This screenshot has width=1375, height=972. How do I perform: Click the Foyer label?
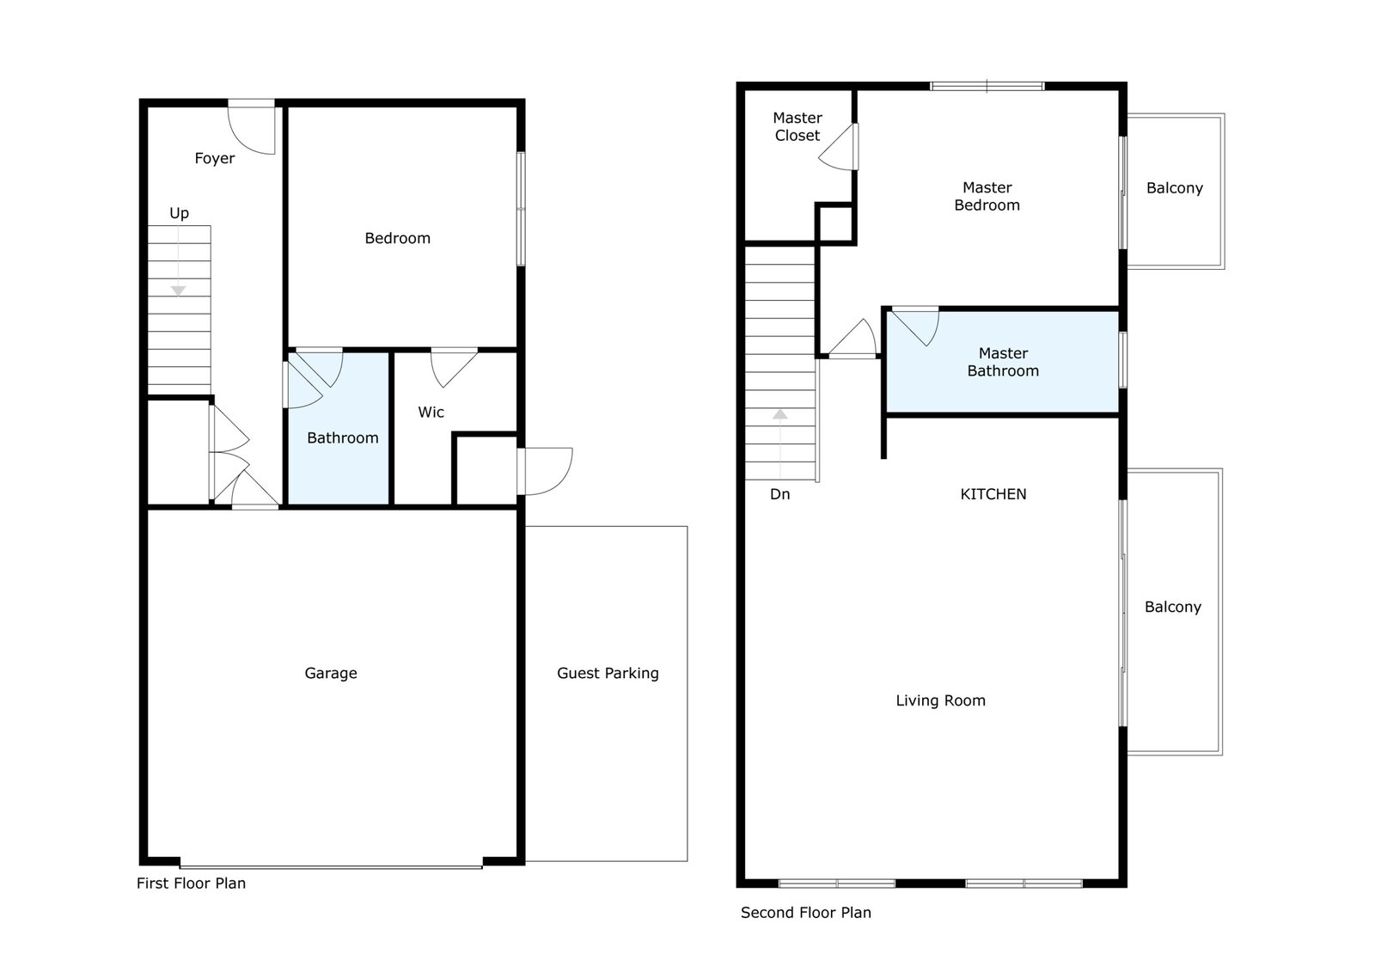point(214,158)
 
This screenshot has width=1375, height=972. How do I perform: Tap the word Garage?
point(330,673)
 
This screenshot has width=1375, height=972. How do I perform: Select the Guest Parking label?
point(608,673)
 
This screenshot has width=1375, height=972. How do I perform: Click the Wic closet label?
point(431,412)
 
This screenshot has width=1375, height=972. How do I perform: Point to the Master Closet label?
point(797,126)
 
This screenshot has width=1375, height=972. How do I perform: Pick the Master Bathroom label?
point(1003,362)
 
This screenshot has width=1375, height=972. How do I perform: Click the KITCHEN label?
point(993,493)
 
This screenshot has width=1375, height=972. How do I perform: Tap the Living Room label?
point(940,700)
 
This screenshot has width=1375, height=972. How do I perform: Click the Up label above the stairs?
point(180,214)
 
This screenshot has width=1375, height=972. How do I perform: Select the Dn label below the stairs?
point(779,494)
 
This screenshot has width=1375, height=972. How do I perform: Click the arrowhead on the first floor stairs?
point(178,290)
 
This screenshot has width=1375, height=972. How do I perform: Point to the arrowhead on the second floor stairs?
point(780,414)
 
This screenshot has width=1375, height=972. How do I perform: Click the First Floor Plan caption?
point(191,883)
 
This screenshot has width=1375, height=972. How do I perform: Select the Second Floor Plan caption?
point(806,913)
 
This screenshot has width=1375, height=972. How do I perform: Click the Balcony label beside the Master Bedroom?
point(1174,188)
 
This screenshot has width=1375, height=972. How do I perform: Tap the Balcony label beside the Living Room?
point(1172,607)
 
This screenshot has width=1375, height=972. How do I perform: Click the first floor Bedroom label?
point(397,238)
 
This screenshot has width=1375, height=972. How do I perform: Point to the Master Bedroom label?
point(987,196)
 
